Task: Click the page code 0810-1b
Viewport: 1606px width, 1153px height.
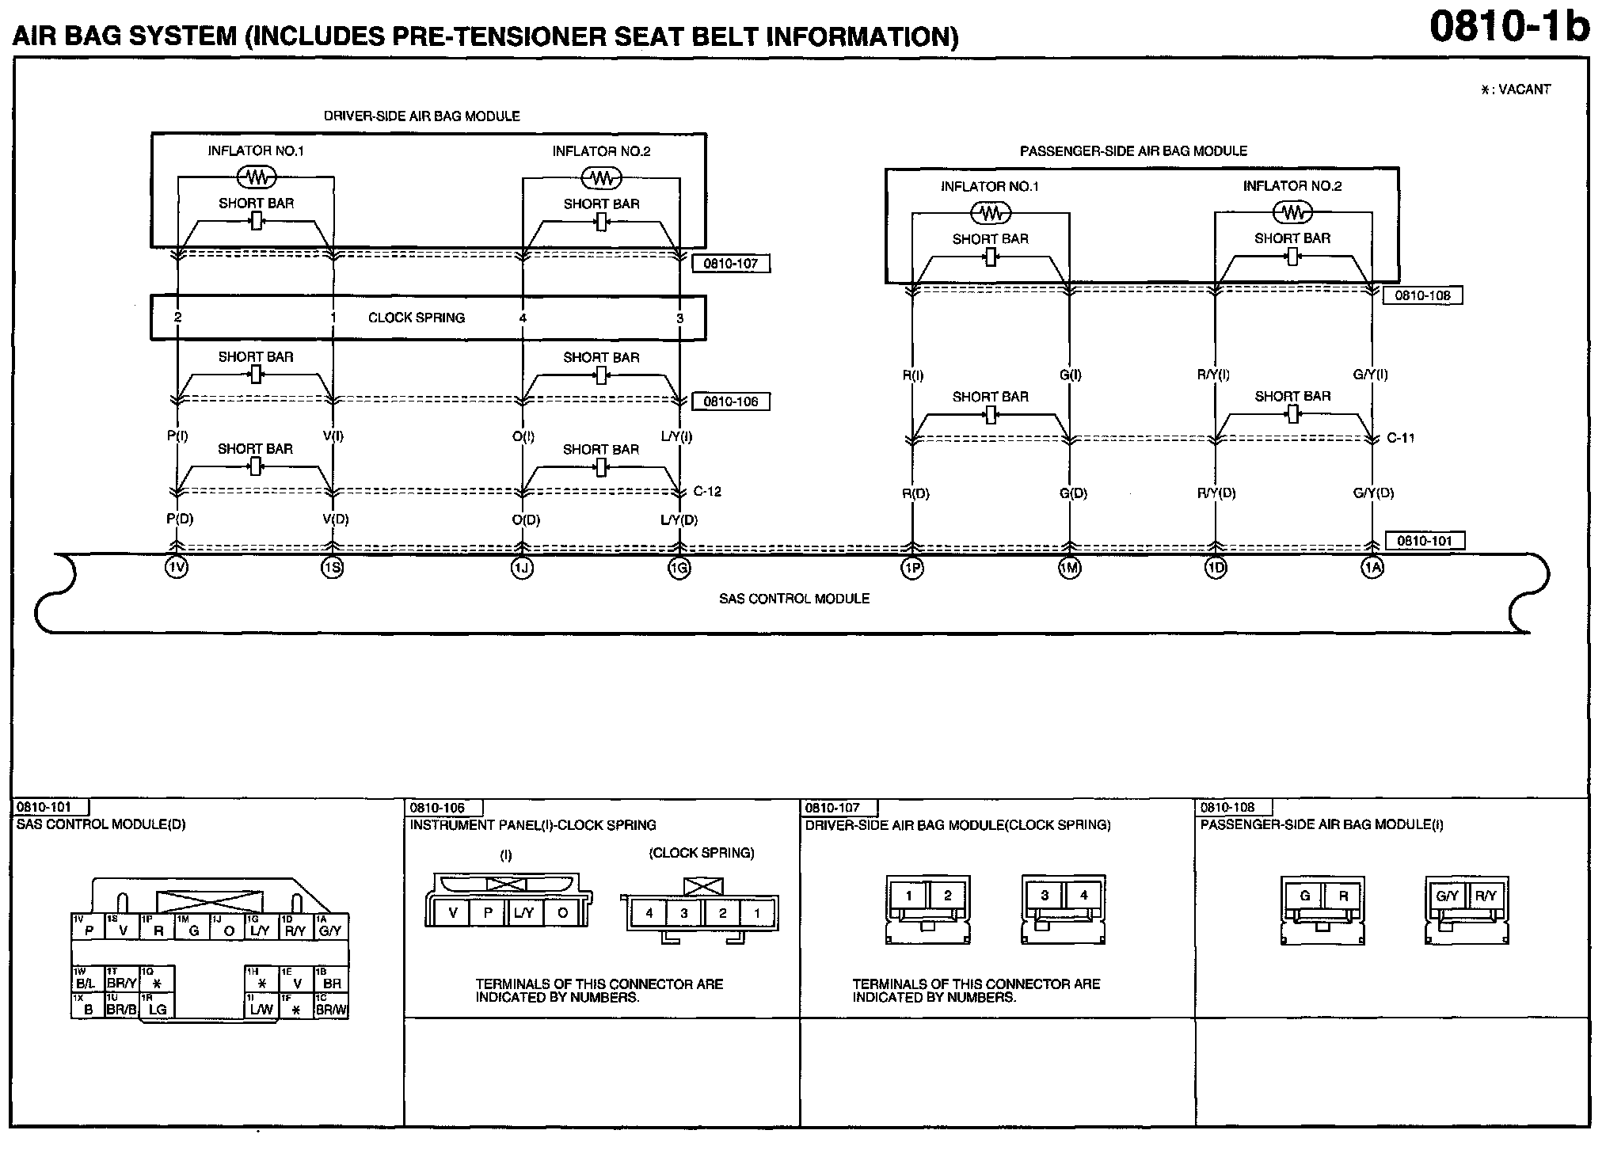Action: click(x=1509, y=27)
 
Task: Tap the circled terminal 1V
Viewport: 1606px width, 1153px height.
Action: click(x=177, y=568)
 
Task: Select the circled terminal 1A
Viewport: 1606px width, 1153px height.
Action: click(x=1372, y=568)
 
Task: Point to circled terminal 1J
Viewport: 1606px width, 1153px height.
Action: click(x=521, y=568)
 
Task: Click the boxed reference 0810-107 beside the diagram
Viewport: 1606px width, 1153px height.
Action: click(x=730, y=264)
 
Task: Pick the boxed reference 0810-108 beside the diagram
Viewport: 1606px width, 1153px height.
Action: click(x=1422, y=295)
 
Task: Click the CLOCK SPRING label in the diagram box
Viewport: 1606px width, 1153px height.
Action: click(x=417, y=318)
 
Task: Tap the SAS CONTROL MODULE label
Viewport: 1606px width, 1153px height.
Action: click(x=793, y=599)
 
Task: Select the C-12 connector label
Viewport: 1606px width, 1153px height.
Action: click(x=707, y=491)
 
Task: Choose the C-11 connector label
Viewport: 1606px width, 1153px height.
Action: click(x=1400, y=437)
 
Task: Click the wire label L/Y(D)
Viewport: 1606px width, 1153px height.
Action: click(x=679, y=519)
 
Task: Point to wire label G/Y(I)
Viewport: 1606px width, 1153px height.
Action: click(x=1370, y=375)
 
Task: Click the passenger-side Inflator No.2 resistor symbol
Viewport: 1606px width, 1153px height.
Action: click(x=1292, y=212)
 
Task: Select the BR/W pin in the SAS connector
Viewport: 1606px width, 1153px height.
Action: click(x=332, y=1010)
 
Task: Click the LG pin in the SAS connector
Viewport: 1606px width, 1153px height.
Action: click(x=158, y=1010)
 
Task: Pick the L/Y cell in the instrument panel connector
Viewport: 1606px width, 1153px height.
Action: click(x=523, y=912)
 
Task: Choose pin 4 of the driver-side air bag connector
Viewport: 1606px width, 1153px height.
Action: click(x=1083, y=896)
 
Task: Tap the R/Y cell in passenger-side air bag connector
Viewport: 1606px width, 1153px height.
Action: click(x=1486, y=896)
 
